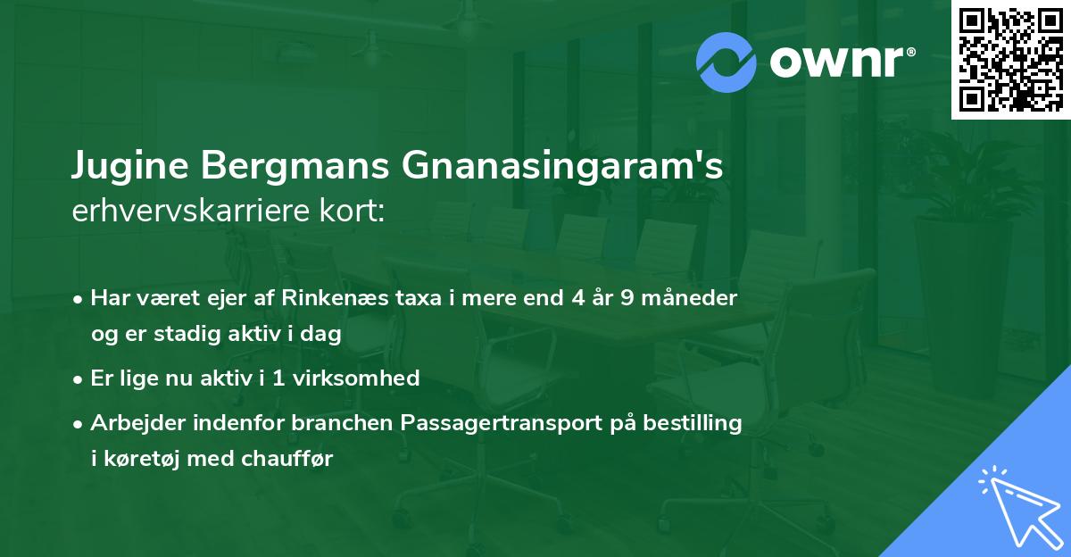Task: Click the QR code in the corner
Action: point(1010,59)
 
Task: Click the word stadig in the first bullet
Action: point(198,334)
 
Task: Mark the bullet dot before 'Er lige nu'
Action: point(79,378)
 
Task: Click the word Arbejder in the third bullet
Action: point(132,423)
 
